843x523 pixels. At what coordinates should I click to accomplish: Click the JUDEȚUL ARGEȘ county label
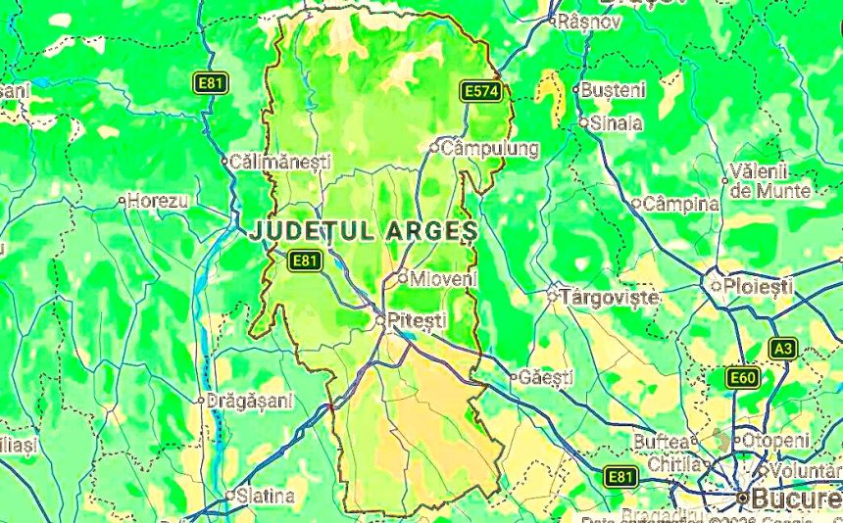click(x=364, y=231)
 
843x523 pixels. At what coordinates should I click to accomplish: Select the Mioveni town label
click(x=442, y=278)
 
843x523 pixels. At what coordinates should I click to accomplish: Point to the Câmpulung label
click(x=490, y=149)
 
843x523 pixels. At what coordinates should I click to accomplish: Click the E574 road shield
click(x=481, y=91)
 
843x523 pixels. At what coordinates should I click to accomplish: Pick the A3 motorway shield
click(x=782, y=348)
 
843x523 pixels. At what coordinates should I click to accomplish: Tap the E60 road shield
click(x=742, y=377)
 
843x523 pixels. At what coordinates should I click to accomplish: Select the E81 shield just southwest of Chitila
click(x=620, y=477)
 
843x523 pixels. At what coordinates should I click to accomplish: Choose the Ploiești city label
click(x=759, y=286)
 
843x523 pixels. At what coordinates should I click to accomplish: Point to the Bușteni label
click(x=615, y=89)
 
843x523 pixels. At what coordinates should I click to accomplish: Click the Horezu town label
click(x=158, y=201)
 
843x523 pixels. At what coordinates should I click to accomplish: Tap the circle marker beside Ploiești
click(x=716, y=286)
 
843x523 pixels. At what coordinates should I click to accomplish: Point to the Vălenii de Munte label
click(x=770, y=181)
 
